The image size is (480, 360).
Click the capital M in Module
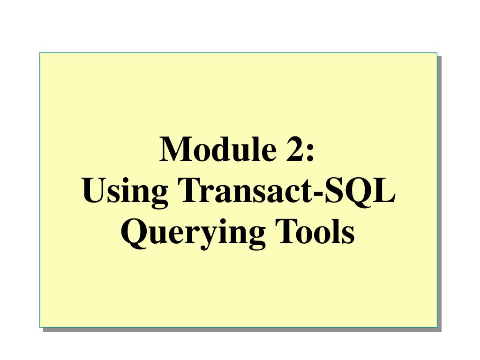click(x=174, y=150)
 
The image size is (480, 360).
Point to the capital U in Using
click(x=93, y=191)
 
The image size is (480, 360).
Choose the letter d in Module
click(x=222, y=150)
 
